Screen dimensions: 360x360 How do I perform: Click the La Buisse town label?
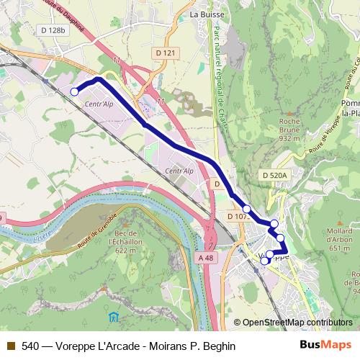[x=207, y=14]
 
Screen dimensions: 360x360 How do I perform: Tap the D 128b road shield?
[x=53, y=30]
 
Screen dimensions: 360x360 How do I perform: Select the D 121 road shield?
[x=165, y=53]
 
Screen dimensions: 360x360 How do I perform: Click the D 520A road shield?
[x=274, y=175]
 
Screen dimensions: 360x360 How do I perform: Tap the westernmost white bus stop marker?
[x=74, y=91]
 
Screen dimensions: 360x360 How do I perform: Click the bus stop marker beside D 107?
[x=247, y=209]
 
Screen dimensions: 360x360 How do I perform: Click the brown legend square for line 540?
[x=10, y=346]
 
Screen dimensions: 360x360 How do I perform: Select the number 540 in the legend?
[x=31, y=346]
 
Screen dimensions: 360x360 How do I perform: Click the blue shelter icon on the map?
[x=113, y=316]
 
